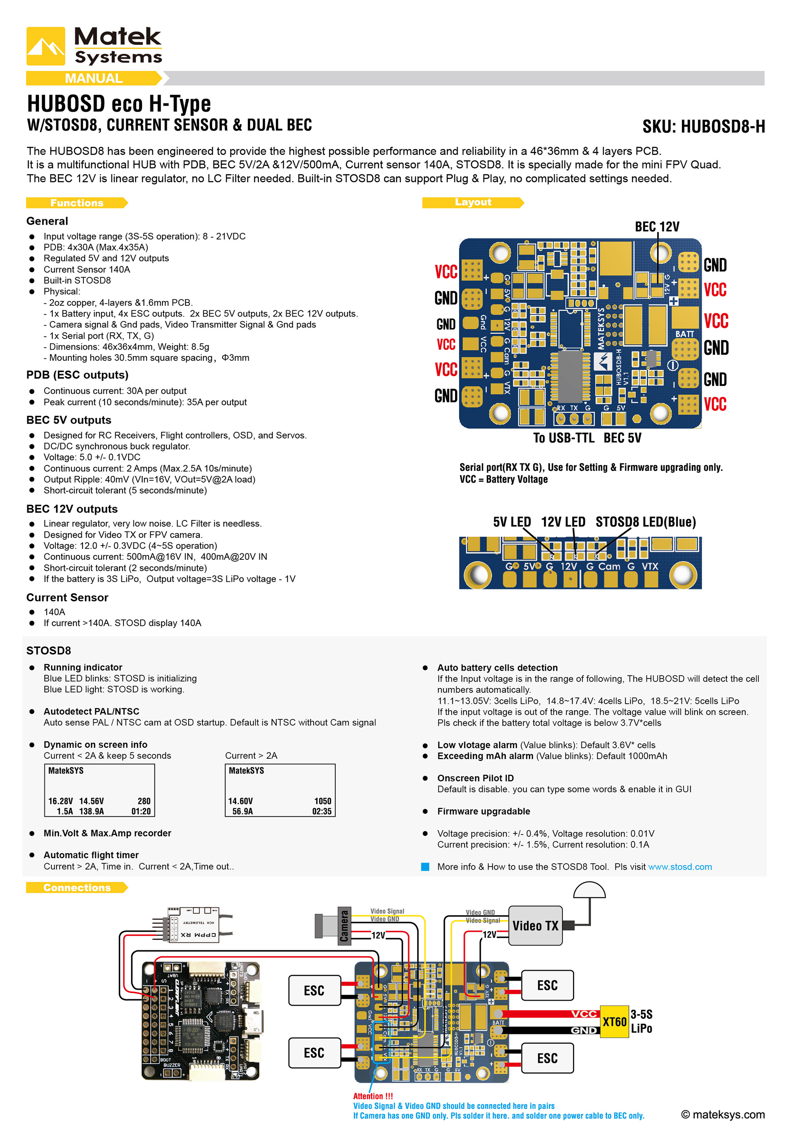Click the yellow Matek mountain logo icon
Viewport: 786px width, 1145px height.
point(45,46)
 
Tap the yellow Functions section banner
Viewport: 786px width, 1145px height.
point(77,203)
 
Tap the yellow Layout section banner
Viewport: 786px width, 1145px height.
point(473,202)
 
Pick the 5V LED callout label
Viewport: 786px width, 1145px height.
point(512,522)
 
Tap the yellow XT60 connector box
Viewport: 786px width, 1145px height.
point(614,1021)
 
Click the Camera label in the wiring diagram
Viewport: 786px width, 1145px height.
point(344,926)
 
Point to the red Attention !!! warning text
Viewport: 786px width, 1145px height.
point(373,1096)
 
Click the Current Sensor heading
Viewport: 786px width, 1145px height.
point(67,597)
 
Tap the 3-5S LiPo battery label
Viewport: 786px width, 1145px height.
point(641,1021)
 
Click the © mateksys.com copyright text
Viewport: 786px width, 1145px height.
point(722,1114)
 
